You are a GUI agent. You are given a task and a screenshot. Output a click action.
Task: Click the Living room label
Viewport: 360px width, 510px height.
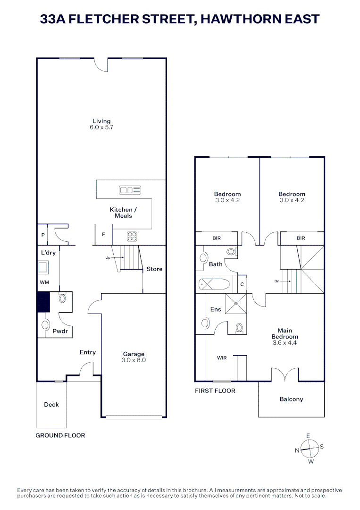[101, 121]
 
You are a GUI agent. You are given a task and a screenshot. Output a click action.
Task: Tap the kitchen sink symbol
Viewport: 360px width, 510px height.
[130, 190]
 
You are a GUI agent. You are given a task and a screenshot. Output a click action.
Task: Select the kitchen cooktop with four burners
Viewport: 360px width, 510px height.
[132, 236]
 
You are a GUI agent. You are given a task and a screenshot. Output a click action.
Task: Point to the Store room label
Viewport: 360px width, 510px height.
[154, 269]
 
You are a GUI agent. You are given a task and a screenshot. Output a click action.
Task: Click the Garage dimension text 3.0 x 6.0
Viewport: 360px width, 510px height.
[134, 360]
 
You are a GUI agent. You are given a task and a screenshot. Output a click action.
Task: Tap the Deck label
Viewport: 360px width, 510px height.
[51, 405]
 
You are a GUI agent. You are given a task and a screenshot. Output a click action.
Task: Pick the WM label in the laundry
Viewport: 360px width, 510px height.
[44, 282]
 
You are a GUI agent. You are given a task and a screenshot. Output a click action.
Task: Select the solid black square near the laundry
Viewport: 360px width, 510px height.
[43, 302]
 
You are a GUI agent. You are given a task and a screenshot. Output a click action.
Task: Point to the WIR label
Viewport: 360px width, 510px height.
[222, 358]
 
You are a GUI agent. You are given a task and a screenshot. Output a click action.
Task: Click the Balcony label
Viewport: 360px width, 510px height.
[291, 399]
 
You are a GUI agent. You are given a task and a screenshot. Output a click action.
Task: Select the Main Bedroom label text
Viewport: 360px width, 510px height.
[285, 334]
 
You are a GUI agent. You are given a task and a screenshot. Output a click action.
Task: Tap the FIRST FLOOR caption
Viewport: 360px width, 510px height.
[215, 391]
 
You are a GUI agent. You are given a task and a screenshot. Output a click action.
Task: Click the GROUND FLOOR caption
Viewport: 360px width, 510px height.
[60, 435]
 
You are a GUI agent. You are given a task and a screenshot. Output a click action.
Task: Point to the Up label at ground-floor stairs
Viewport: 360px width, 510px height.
[108, 258]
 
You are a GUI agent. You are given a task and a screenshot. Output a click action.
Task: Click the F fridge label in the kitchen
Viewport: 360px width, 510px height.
[103, 234]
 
